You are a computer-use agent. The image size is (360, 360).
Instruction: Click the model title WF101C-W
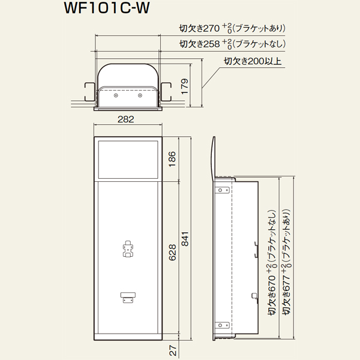107,8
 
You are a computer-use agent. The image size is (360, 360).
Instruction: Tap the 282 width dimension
125,119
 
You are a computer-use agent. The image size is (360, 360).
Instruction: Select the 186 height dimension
172,159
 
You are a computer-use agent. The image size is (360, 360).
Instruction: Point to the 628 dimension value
172,253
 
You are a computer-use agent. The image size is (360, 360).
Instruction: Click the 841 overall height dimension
185,239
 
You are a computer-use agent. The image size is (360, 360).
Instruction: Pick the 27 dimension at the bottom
173,351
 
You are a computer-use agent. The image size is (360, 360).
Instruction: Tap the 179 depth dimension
185,86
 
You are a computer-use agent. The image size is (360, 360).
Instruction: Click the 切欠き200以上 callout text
253,61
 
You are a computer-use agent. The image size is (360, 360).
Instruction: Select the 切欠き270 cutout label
199,28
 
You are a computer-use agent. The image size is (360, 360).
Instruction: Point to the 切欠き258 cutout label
199,44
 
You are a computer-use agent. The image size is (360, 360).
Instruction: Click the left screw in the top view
116,95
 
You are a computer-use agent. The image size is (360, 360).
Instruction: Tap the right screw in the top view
140,95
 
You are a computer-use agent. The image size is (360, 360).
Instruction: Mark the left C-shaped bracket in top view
89,92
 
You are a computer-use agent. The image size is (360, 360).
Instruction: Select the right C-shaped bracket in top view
166,92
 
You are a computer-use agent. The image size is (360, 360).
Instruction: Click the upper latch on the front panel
128,249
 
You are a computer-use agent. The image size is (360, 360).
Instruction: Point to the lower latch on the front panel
128,298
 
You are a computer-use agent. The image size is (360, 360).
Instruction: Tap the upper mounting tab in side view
222,190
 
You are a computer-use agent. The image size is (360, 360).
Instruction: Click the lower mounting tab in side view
222,325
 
